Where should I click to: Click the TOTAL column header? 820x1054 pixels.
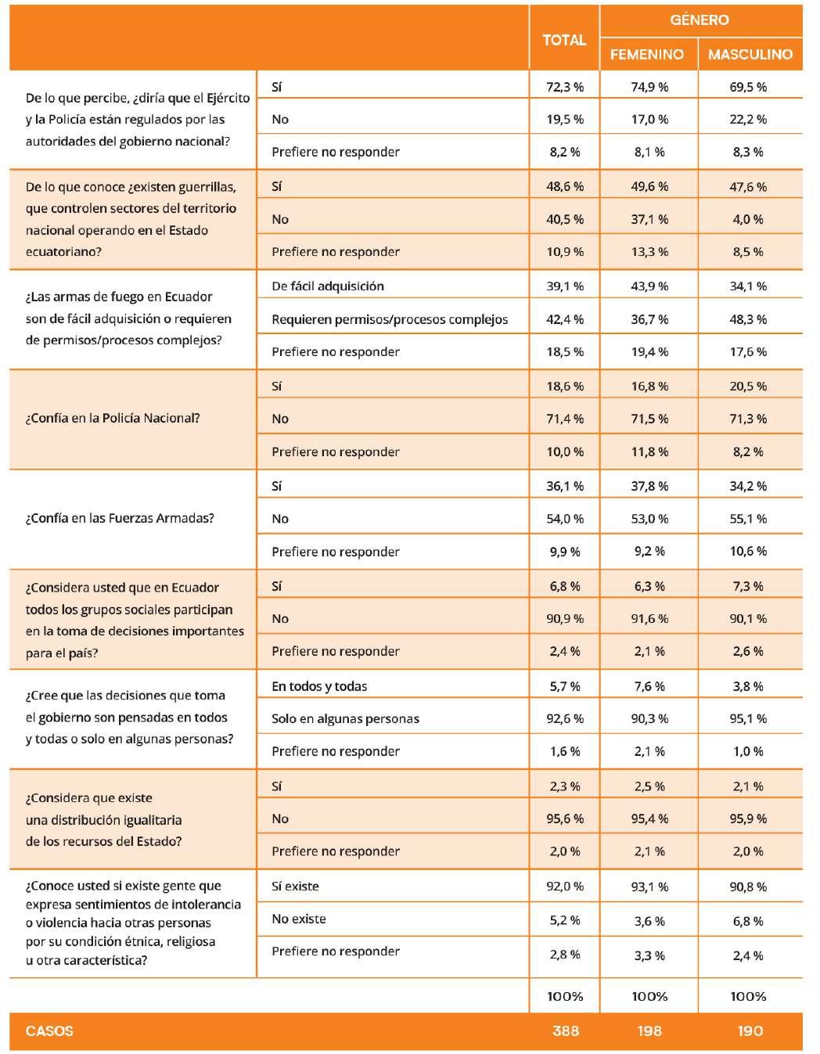click(564, 40)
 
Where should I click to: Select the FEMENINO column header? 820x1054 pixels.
click(646, 54)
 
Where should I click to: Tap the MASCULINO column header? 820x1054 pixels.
click(750, 54)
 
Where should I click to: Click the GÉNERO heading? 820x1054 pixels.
click(699, 20)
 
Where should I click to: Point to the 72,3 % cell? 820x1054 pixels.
click(564, 87)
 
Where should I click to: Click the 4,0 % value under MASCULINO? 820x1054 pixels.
click(748, 219)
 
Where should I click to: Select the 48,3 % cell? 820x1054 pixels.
click(748, 319)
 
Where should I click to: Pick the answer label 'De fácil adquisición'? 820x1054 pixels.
click(328, 286)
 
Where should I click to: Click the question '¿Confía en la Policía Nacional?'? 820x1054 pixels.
click(113, 418)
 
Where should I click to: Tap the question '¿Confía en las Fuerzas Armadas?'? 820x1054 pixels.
click(120, 518)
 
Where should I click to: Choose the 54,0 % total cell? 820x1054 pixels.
click(564, 519)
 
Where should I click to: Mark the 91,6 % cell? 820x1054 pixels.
click(649, 619)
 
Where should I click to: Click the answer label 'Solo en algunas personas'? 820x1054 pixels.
click(345, 719)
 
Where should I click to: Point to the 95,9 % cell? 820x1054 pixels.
click(748, 818)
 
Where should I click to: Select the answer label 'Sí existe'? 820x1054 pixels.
click(295, 887)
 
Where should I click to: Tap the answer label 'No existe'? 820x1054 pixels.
click(299, 919)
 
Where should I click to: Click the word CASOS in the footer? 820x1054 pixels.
click(49, 1031)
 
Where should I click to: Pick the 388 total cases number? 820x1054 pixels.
click(565, 1031)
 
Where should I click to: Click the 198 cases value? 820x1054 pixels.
click(649, 1031)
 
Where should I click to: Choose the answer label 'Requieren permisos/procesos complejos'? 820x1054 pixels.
click(390, 319)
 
